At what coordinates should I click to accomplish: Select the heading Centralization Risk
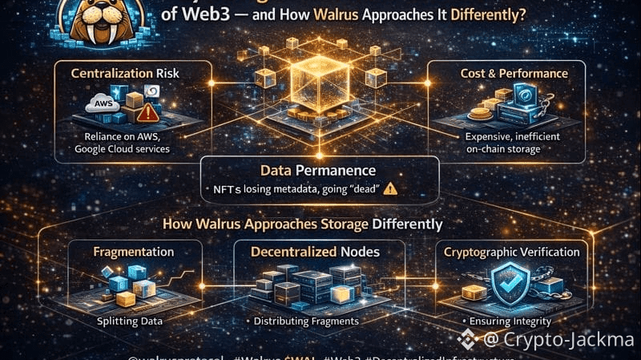123,74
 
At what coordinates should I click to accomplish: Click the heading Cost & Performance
514,74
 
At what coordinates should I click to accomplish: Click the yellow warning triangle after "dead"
390,189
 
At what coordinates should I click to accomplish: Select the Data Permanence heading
318,170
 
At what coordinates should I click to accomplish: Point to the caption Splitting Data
130,321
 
